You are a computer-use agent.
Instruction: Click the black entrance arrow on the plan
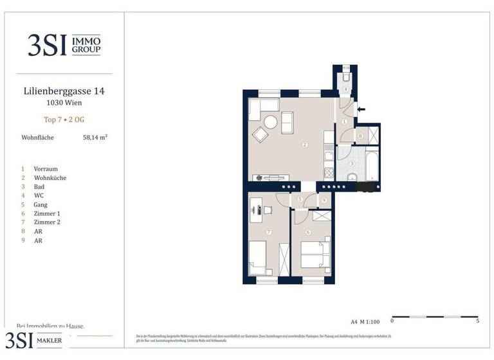(361, 109)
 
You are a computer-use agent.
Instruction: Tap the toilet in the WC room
(346, 72)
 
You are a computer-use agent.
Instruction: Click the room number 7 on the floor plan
(269, 231)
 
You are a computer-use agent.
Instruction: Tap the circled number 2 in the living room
(305, 145)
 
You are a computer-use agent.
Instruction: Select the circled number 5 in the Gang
(300, 200)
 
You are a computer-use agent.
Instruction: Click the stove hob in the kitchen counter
(329, 172)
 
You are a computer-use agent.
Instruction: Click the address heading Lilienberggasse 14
(64, 91)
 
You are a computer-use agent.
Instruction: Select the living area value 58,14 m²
(95, 137)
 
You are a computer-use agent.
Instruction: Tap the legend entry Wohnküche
(50, 178)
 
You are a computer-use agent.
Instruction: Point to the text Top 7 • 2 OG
(64, 120)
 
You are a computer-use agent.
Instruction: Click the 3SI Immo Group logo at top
(64, 45)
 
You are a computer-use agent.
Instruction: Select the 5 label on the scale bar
(477, 321)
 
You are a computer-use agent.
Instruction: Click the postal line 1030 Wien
(64, 102)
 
